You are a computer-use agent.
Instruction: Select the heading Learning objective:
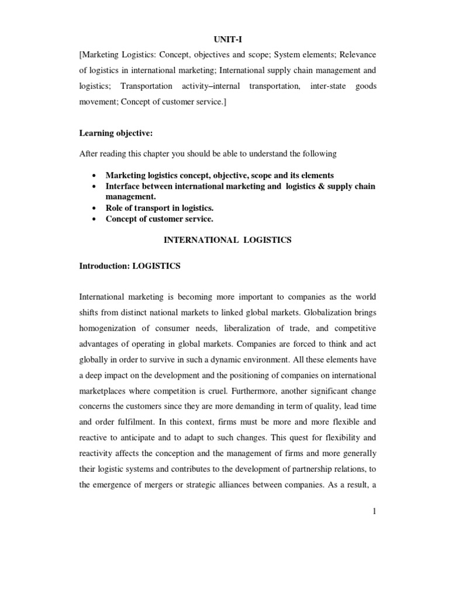point(116,133)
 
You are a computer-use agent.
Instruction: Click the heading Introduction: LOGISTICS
point(130,266)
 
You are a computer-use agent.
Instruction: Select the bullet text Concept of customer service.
point(160,219)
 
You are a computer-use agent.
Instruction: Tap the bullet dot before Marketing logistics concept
point(94,175)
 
